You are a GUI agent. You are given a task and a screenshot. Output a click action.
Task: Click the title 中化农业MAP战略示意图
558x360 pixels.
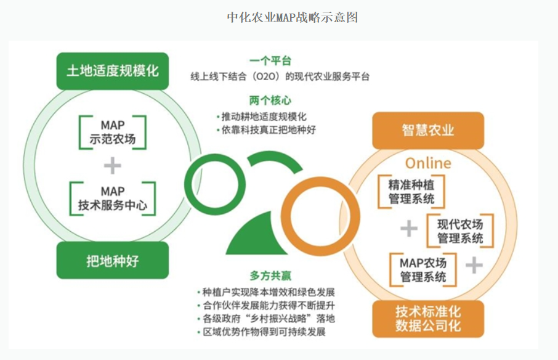tap(292, 17)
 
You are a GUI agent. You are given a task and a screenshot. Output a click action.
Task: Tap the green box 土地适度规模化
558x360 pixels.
tap(113, 71)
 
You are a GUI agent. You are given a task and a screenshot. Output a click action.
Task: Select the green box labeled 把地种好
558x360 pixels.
tap(113, 260)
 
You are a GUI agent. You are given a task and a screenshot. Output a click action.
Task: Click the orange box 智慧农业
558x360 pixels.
tap(428, 130)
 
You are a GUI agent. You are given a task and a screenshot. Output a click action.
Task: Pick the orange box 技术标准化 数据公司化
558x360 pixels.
tap(428, 319)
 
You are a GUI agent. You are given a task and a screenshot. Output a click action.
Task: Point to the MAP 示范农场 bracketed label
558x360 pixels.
tap(113, 132)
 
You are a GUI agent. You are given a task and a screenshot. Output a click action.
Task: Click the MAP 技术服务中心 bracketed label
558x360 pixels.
tap(113, 198)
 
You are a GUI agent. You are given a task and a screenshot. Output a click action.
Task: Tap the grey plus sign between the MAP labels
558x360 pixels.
tap(113, 166)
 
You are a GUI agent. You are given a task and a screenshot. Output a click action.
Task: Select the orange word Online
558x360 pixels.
tap(428, 163)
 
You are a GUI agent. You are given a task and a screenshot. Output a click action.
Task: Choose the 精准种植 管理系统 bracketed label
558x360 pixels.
tap(411, 192)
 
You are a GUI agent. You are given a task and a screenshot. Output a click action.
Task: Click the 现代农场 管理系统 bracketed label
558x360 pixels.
tap(460, 231)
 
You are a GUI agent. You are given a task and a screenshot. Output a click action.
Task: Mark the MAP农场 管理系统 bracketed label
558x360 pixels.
tap(423, 269)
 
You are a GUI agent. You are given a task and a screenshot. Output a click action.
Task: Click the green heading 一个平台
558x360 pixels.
tap(270, 61)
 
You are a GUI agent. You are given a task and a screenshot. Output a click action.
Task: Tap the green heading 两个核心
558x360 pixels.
tap(270, 100)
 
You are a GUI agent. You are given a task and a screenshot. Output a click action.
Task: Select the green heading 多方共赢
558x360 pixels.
tap(270, 276)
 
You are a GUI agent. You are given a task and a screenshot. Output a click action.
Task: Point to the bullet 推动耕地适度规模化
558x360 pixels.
tap(262, 117)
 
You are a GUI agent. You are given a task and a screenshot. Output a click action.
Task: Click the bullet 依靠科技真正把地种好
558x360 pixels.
tap(266, 129)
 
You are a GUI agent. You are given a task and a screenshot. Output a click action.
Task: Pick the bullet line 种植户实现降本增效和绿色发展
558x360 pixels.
tap(266, 292)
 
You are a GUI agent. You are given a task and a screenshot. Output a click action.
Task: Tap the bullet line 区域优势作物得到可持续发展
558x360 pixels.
tap(262, 332)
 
